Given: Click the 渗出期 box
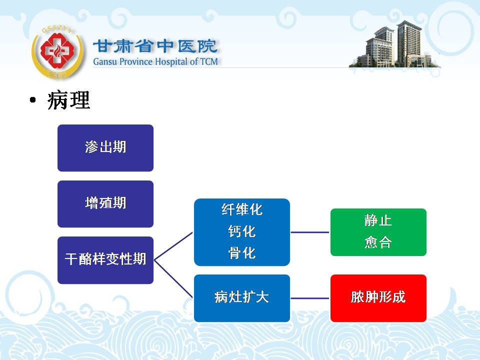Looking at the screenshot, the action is [105, 148].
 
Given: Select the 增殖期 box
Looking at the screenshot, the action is [105, 204].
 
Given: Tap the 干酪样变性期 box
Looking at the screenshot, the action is [105, 260].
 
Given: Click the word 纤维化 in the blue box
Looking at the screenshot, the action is [242, 209].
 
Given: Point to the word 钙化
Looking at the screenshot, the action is [242, 231].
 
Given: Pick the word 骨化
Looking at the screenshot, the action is [242, 253].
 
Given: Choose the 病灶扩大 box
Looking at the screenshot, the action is [242, 298].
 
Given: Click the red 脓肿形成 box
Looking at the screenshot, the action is [378, 298].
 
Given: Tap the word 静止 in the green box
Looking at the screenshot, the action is [378, 220].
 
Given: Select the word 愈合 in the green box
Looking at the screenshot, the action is [378, 242].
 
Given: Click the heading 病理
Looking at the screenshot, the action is [68, 100].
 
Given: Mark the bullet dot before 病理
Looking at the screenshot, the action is [33, 100].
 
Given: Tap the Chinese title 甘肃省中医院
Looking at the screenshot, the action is [155, 46].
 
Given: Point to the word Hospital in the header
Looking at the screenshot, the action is [171, 62].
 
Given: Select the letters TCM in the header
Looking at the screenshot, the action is [209, 61].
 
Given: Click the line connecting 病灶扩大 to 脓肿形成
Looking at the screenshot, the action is [310, 298].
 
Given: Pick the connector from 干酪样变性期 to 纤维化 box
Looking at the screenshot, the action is [173, 246].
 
